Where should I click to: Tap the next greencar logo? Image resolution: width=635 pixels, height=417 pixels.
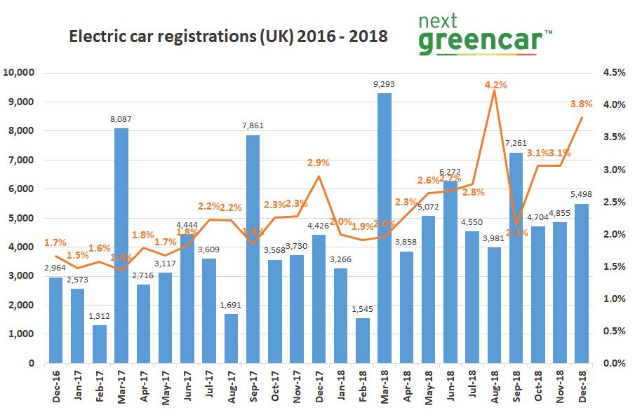[x=484, y=35]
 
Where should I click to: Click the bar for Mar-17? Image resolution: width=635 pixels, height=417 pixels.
[x=121, y=245]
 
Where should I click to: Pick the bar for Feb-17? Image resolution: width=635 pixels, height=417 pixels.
[x=100, y=344]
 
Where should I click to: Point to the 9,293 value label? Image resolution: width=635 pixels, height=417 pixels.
[x=385, y=84]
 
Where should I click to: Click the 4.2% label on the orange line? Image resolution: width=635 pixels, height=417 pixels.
[x=495, y=85]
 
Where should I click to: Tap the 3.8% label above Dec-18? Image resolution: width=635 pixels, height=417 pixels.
[x=581, y=104]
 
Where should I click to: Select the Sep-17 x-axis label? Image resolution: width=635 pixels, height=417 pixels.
[x=253, y=388]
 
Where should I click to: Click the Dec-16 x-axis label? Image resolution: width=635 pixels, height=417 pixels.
[x=55, y=388]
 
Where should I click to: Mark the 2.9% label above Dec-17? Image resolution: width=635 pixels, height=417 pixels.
[x=319, y=162]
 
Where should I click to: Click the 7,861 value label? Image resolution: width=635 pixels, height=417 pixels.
[x=253, y=126]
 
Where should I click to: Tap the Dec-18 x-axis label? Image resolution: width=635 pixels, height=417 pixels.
[x=582, y=388]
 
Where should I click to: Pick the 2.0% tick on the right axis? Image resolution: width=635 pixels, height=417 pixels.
[x=610, y=234]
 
